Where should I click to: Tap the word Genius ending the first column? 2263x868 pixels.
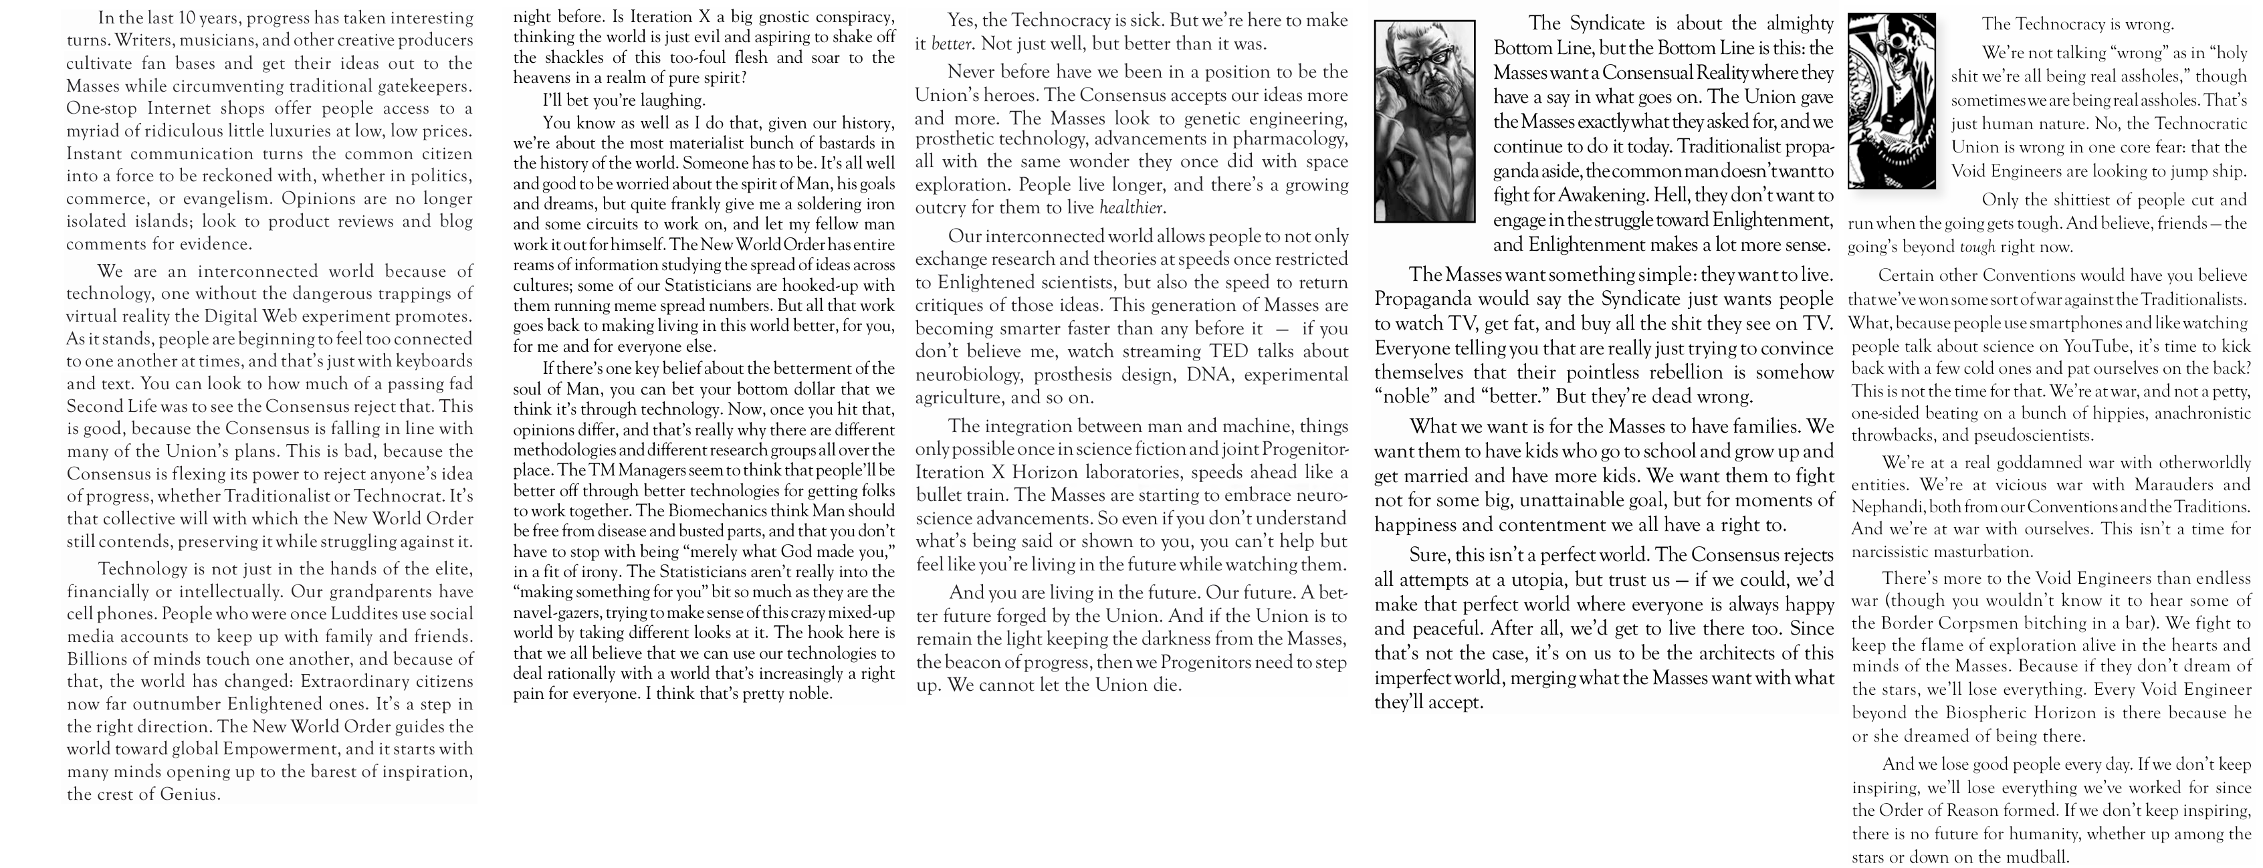click(x=188, y=794)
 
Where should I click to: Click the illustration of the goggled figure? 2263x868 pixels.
click(x=1891, y=101)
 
